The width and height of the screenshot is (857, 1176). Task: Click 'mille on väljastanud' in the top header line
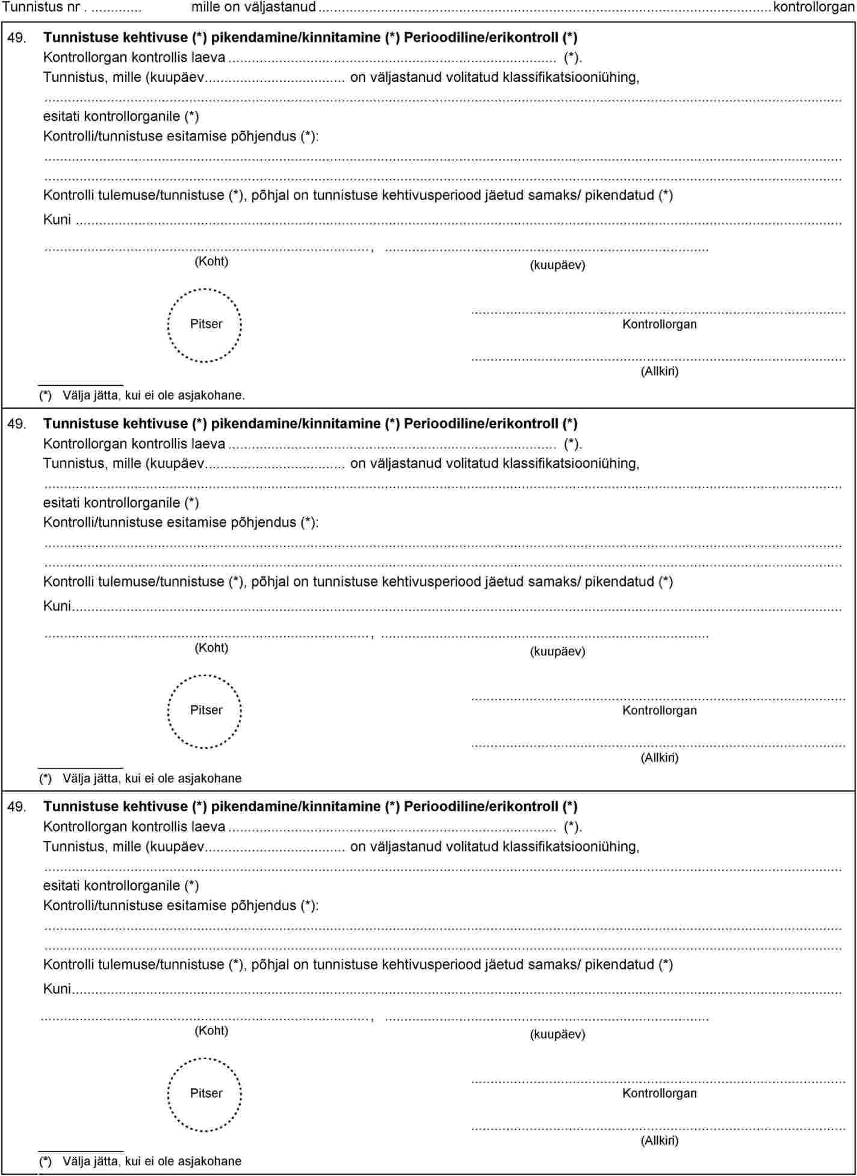(253, 7)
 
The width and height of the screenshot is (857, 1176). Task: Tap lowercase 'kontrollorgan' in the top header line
(814, 7)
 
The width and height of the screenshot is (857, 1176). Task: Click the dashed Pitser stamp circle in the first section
(205, 325)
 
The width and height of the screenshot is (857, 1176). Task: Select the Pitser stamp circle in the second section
(205, 711)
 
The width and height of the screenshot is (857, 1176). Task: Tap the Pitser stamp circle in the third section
(205, 1094)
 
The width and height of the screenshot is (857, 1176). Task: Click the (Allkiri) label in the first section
(659, 371)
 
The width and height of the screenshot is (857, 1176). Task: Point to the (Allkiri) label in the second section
(659, 758)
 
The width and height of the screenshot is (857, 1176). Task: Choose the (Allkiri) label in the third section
(659, 1140)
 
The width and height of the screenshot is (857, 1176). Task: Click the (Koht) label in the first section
(211, 261)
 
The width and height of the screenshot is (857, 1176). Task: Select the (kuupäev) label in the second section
(557, 651)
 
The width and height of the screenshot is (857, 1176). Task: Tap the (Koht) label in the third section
(211, 1030)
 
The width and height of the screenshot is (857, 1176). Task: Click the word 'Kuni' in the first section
(57, 220)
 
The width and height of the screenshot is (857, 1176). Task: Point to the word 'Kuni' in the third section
(57, 989)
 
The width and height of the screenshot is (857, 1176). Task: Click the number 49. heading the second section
(16, 424)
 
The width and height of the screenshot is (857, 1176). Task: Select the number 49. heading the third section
(16, 806)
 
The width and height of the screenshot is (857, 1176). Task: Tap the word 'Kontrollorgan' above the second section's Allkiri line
(659, 710)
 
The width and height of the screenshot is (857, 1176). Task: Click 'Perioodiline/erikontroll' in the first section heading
(481, 37)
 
